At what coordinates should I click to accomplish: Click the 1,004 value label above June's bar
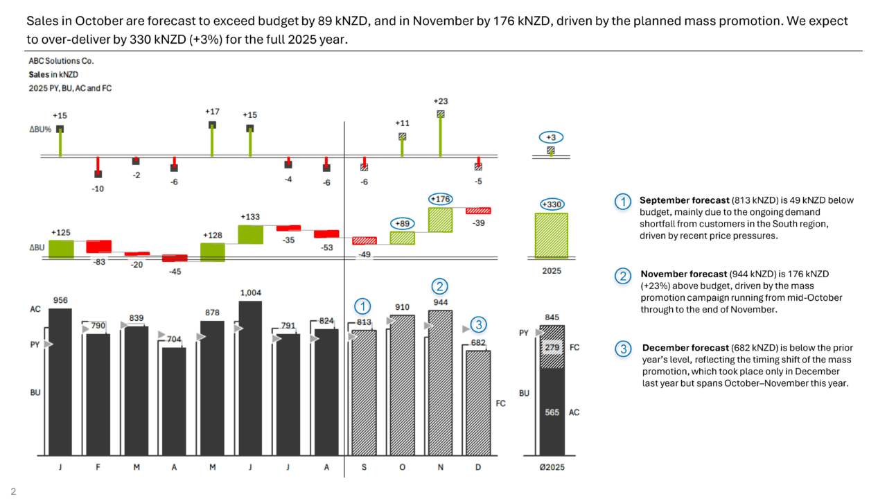click(250, 293)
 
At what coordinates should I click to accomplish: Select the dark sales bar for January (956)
click(60, 381)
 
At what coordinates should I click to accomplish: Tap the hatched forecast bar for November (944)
click(440, 381)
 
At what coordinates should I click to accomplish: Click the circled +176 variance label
click(440, 199)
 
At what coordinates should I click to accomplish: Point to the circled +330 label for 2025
click(552, 204)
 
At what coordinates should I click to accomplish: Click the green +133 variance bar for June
click(250, 234)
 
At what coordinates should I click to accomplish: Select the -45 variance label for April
click(175, 271)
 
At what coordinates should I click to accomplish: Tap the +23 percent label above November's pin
click(440, 101)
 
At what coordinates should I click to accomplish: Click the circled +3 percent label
click(551, 137)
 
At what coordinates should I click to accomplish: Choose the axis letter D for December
click(477, 467)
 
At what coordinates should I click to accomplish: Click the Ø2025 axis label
click(552, 467)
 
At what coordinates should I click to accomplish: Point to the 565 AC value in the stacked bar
click(552, 412)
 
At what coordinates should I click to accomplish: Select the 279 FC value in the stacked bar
click(552, 347)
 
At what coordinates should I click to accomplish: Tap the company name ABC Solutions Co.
click(61, 61)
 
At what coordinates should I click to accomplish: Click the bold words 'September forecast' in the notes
click(683, 200)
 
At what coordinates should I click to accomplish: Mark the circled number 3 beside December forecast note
click(623, 349)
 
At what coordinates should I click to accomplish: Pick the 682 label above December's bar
click(477, 342)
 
